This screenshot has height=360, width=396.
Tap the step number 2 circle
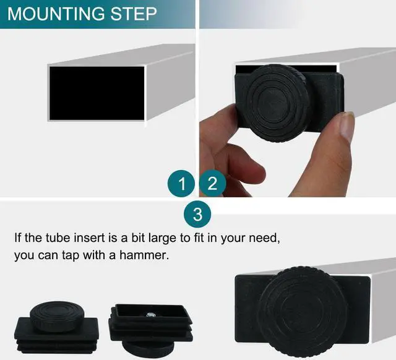pos(212,184)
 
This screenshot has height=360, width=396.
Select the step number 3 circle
pos(197,215)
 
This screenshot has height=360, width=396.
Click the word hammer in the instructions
pos(143,255)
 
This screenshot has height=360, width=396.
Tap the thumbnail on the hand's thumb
pos(346,127)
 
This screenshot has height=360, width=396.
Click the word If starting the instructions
pos(19,237)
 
